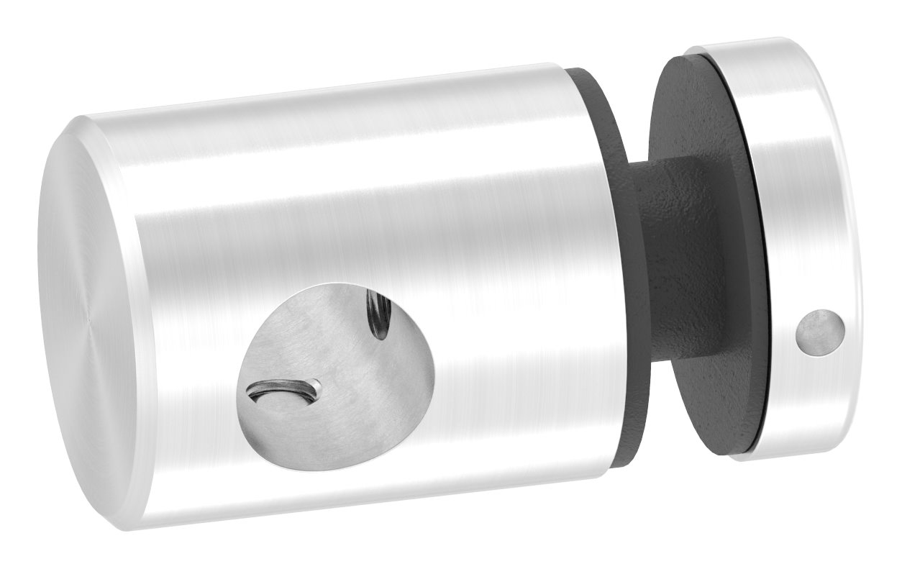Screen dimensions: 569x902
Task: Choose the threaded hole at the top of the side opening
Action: (377, 313)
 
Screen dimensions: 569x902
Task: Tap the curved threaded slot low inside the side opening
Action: (284, 391)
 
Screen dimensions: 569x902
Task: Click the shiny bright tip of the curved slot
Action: (314, 388)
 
